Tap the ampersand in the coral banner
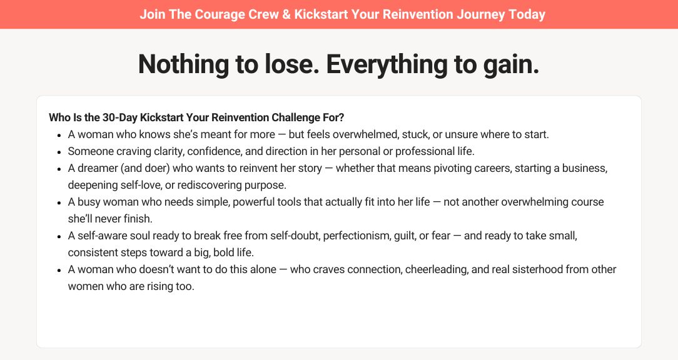click(286, 14)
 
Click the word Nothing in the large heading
click(184, 64)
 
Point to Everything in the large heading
click(387, 64)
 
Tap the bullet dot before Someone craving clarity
click(59, 152)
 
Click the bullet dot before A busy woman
click(59, 202)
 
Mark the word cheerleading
click(437, 269)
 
